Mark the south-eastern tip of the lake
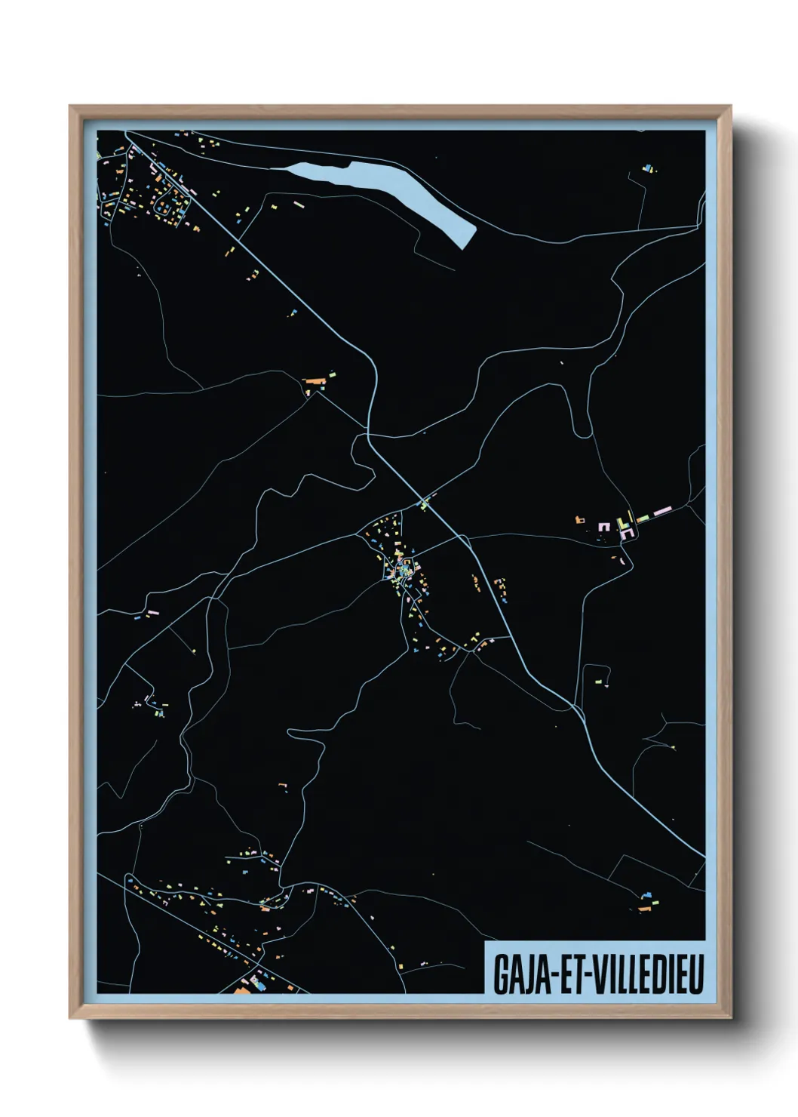click(x=465, y=245)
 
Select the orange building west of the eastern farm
click(x=581, y=520)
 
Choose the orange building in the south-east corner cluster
click(x=643, y=909)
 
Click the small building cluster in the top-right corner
click(x=646, y=169)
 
